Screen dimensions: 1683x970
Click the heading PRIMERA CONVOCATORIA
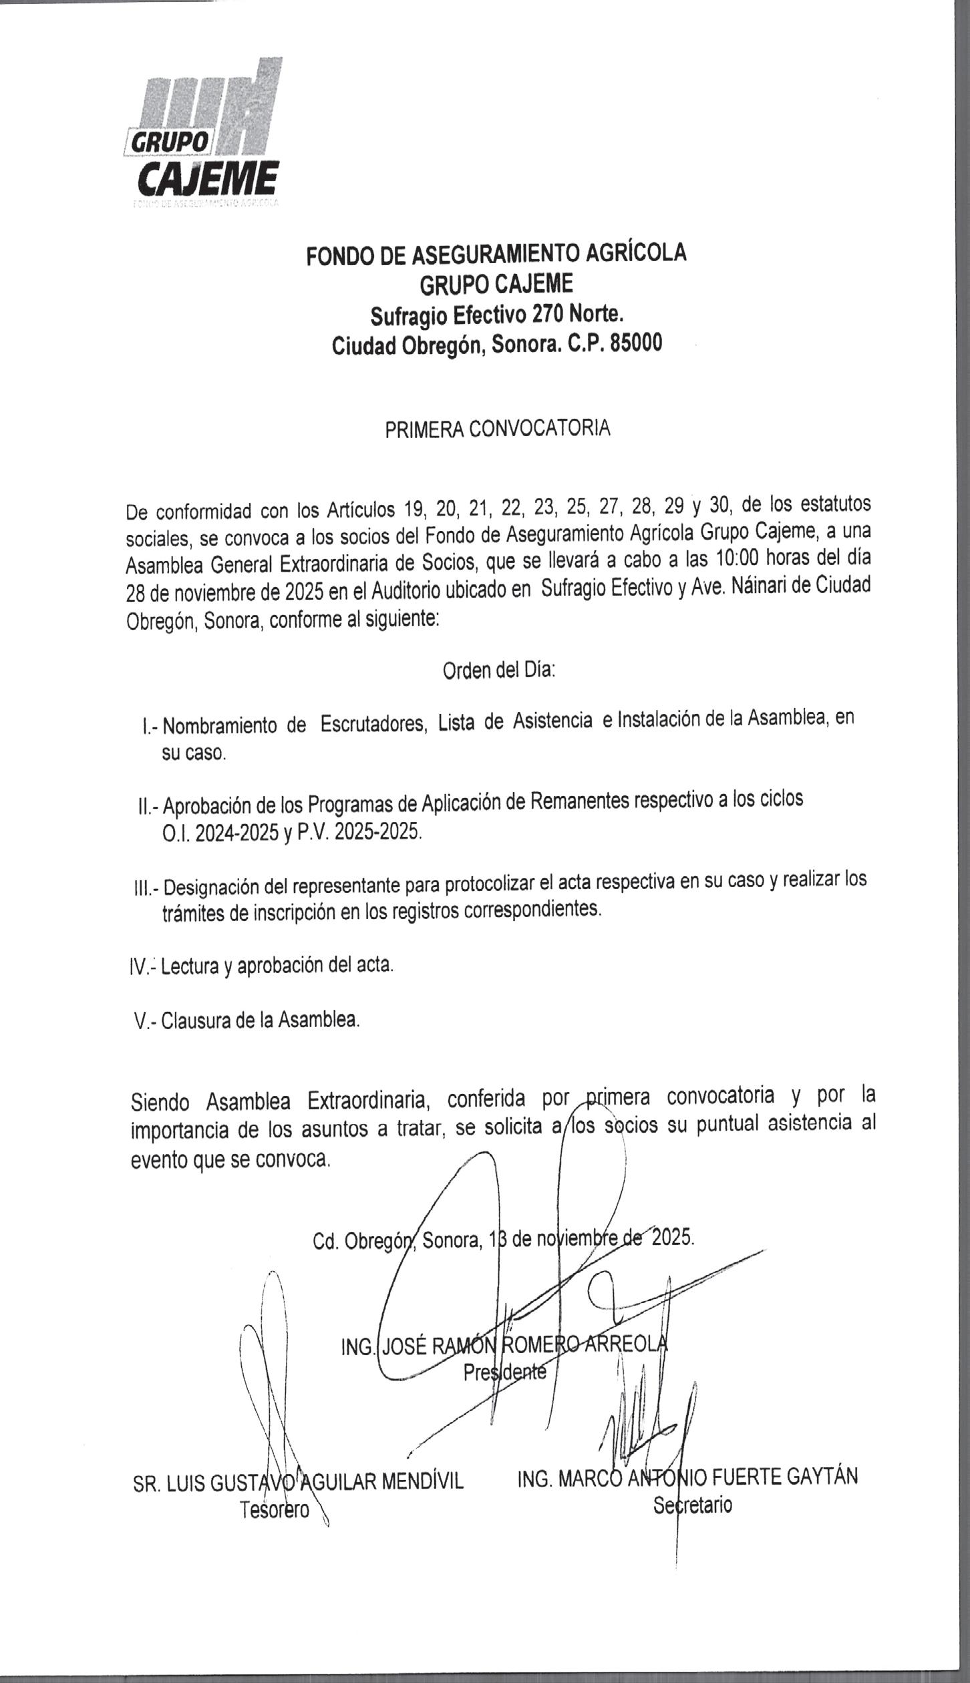tap(497, 429)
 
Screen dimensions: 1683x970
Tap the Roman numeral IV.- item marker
tap(142, 967)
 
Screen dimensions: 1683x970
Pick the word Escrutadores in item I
tap(373, 723)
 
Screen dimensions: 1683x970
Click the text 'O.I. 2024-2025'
tap(222, 833)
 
